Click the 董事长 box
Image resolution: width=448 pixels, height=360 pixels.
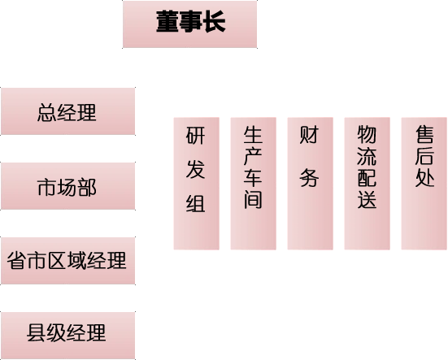pyautogui.click(x=189, y=24)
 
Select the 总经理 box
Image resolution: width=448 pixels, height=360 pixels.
pyautogui.click(x=68, y=111)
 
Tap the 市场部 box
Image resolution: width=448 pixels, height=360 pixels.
pyautogui.click(x=68, y=186)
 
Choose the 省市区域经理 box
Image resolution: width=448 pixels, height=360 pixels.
pyautogui.click(x=68, y=261)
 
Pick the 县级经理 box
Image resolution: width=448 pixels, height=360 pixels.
pyautogui.click(x=68, y=336)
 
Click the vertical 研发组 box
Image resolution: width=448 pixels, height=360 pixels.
pyautogui.click(x=197, y=184)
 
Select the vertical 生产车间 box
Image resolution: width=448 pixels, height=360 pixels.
pyautogui.click(x=254, y=184)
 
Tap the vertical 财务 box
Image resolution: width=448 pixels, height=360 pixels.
pyautogui.click(x=311, y=184)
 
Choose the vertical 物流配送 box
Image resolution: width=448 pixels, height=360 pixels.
pyautogui.click(x=368, y=184)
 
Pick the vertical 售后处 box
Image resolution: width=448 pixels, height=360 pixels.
pyautogui.click(x=424, y=184)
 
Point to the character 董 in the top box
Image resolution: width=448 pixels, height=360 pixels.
pyautogui.click(x=167, y=21)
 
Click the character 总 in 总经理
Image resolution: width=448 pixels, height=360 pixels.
pyautogui.click(x=47, y=113)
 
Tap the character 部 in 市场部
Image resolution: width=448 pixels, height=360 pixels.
pyautogui.click(x=87, y=188)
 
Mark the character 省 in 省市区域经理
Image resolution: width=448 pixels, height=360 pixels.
pyautogui.click(x=17, y=260)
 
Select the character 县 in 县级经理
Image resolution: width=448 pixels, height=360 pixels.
pyautogui.click(x=37, y=332)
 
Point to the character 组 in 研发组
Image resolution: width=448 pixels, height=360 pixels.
pyautogui.click(x=196, y=203)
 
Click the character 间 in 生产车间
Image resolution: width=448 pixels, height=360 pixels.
pyautogui.click(x=253, y=200)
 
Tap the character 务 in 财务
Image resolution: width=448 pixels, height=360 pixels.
pyautogui.click(x=309, y=178)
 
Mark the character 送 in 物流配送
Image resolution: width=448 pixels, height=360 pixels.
pyautogui.click(x=367, y=199)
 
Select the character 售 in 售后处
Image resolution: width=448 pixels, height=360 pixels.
pyautogui.click(x=424, y=134)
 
